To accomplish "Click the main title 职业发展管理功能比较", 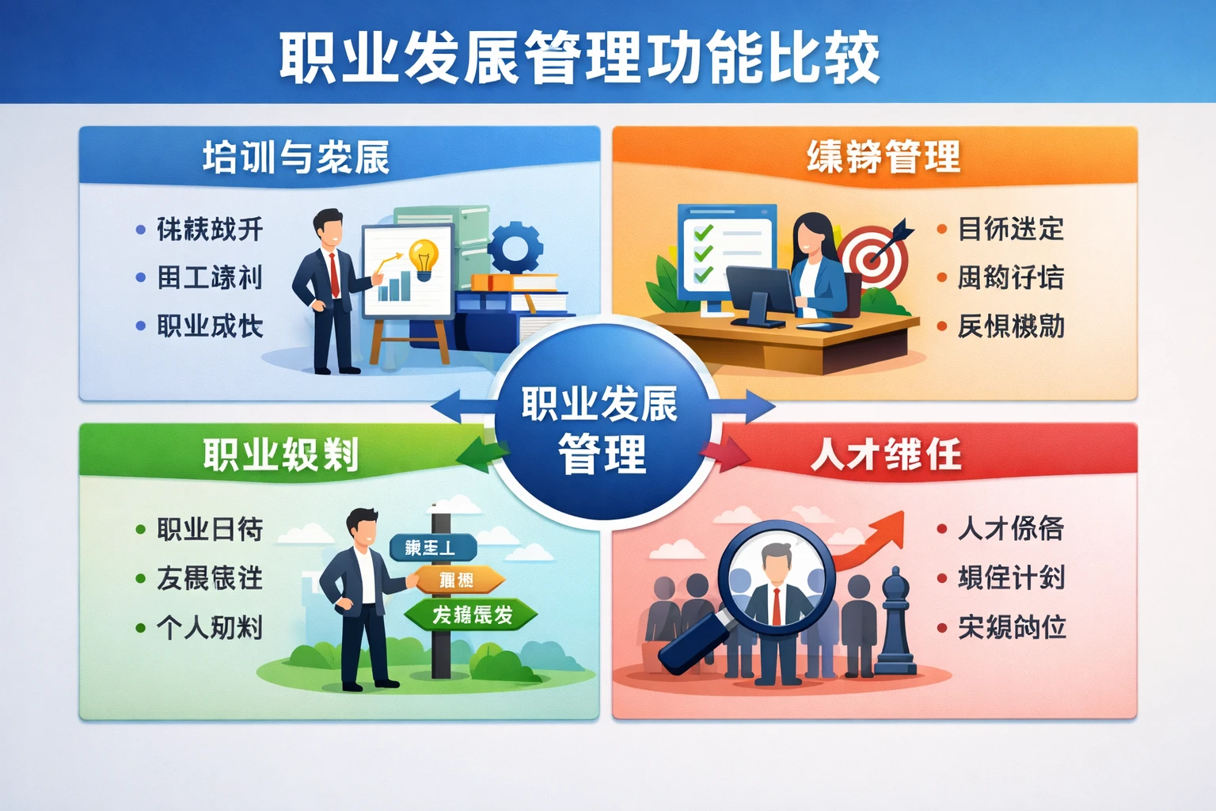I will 579,57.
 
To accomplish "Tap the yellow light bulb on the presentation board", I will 424,257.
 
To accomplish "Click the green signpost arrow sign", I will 472,615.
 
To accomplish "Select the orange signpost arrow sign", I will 458,581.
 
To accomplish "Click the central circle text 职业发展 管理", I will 600,428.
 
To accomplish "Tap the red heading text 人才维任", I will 886,455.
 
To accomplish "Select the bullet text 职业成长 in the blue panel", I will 210,326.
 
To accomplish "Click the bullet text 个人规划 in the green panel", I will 210,627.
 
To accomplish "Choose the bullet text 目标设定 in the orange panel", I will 1011,229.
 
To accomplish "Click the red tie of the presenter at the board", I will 334,274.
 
